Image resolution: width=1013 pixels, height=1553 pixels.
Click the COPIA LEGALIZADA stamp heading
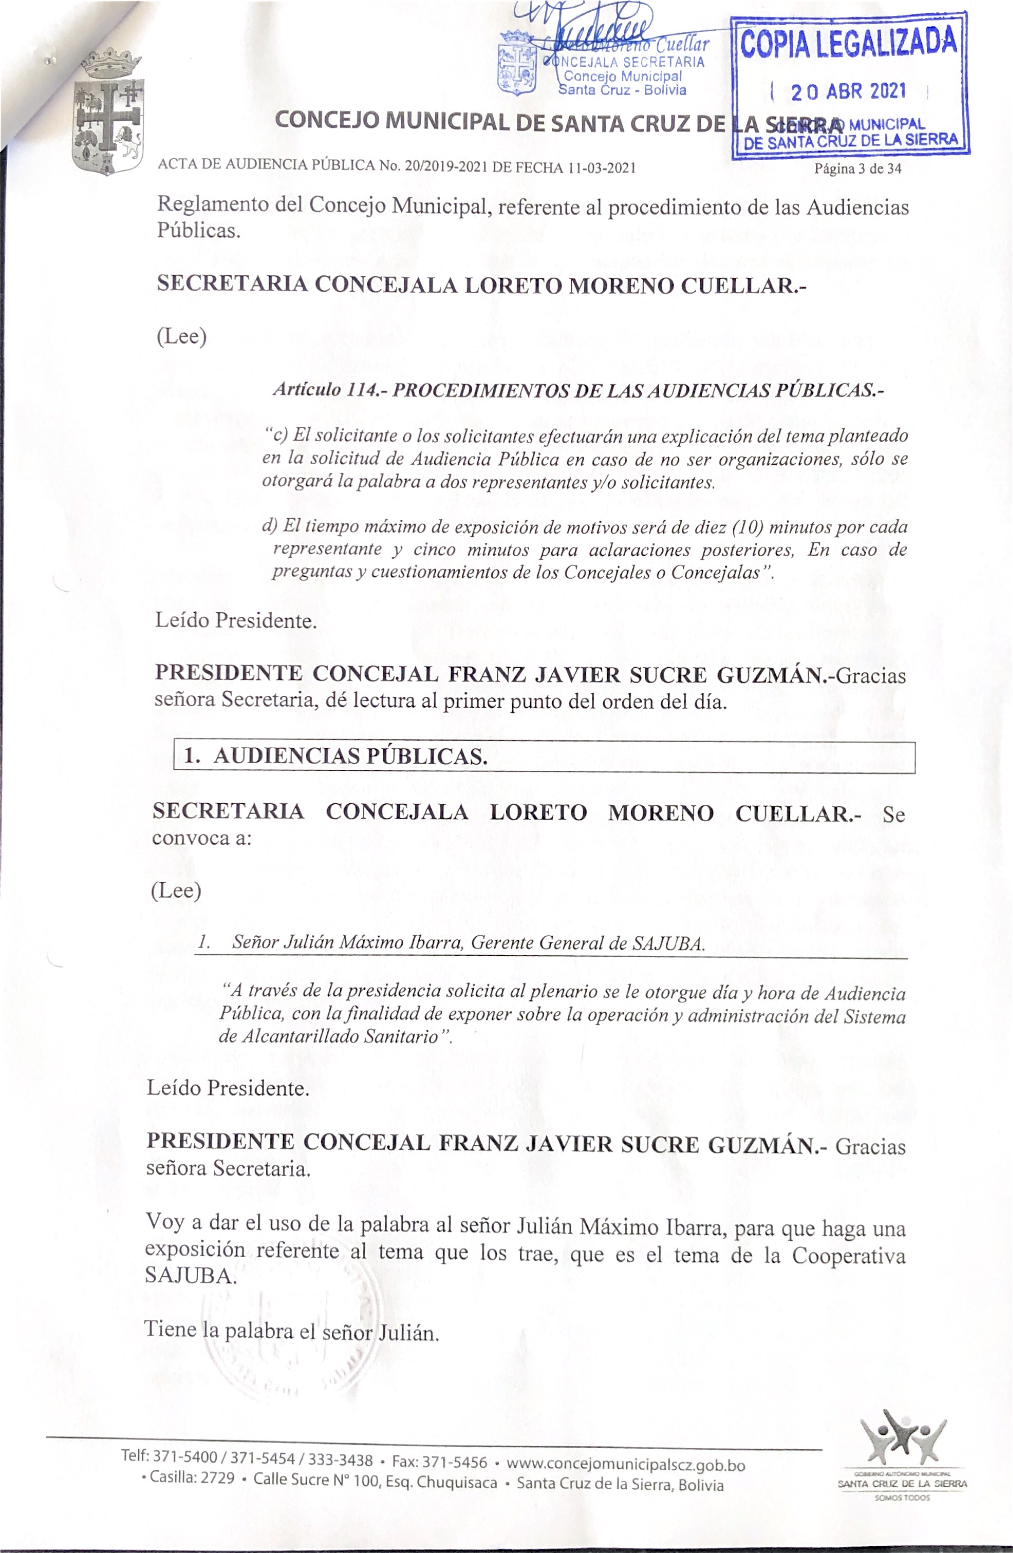[849, 43]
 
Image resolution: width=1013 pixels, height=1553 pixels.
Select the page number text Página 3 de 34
[858, 169]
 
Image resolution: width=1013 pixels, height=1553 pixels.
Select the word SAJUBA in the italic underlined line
[668, 944]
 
